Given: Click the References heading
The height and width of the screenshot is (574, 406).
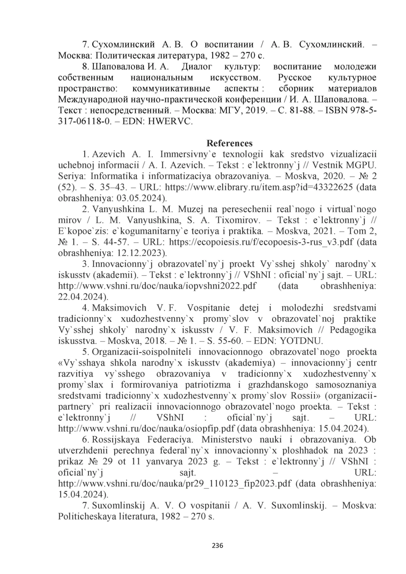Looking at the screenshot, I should [x=229, y=143].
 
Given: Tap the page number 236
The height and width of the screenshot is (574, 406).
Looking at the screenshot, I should [x=217, y=545].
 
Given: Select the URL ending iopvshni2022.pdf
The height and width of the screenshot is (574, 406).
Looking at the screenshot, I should [x=157, y=286].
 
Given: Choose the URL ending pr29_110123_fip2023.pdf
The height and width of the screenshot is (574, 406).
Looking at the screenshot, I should [x=175, y=484].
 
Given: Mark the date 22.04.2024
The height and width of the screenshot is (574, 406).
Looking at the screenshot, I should [x=81, y=297].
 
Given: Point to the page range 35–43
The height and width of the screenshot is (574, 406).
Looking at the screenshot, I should [x=116, y=187].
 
